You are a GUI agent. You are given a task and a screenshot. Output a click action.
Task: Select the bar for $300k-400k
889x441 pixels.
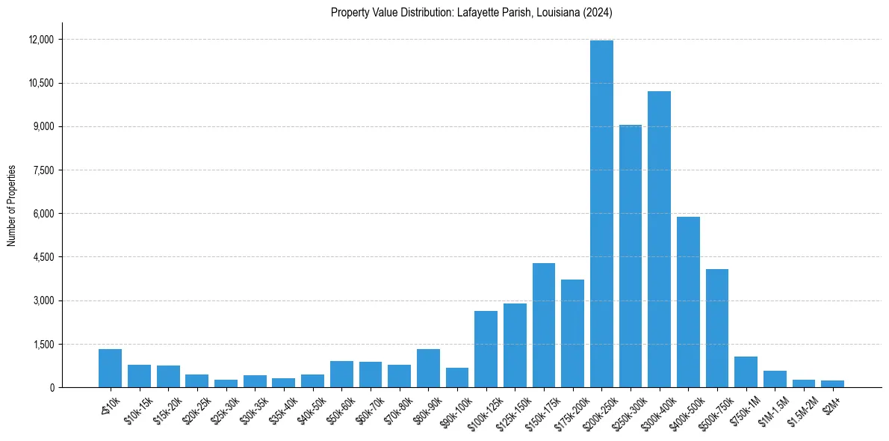coord(659,239)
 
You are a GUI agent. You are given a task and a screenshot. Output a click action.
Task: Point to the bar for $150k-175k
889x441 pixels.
coord(544,325)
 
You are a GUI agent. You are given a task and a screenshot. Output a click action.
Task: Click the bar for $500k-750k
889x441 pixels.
coord(717,328)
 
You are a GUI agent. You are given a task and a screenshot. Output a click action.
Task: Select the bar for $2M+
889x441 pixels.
coord(832,383)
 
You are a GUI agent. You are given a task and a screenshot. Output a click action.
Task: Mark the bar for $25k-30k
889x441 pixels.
coord(226,383)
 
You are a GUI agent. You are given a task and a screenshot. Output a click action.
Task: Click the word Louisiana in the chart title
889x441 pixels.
coord(547,12)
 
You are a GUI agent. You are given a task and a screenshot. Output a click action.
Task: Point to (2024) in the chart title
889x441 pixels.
coord(598,12)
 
